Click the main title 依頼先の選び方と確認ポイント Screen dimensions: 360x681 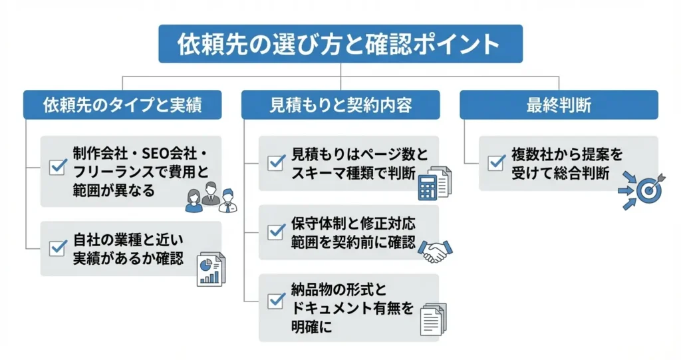340,44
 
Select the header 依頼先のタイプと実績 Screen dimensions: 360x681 122,104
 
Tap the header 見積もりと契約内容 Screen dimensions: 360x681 340,104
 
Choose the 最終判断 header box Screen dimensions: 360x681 559,104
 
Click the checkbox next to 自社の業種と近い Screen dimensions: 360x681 57,249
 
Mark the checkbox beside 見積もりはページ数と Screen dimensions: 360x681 275,162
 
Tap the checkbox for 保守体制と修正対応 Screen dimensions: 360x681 275,232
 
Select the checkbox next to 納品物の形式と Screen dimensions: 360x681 275,300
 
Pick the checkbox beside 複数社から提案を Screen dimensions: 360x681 495,162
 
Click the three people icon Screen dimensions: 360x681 211,197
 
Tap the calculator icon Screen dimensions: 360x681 433,182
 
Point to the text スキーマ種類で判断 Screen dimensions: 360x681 352,174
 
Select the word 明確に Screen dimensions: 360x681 311,327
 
